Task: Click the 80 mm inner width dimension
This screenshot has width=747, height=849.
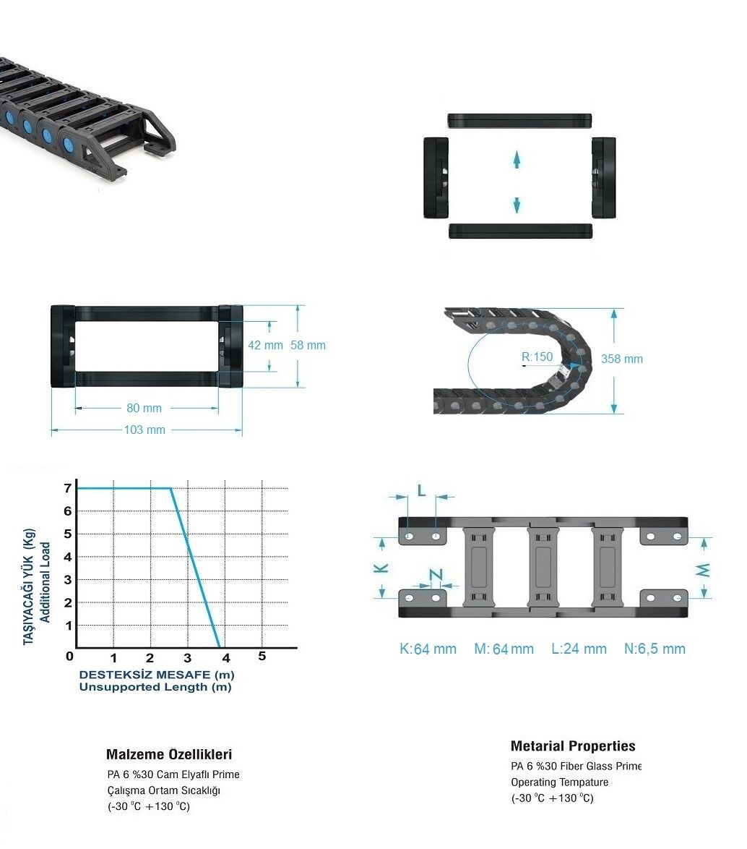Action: (144, 409)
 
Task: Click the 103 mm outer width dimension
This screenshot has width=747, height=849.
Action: (145, 430)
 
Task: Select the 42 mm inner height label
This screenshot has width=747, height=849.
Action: (265, 346)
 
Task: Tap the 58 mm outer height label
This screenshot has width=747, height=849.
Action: (308, 346)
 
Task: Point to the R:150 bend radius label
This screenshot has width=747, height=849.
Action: (537, 357)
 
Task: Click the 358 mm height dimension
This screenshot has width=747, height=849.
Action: (622, 359)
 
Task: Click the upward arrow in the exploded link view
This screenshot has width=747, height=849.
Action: (517, 160)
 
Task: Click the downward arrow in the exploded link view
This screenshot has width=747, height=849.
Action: (517, 205)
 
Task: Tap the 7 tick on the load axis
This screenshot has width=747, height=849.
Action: (68, 488)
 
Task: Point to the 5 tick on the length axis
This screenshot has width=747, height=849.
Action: (262, 656)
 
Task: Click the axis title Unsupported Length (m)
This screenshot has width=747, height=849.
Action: (155, 687)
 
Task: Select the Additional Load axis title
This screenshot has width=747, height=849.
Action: (46, 583)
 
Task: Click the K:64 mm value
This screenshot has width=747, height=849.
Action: (428, 649)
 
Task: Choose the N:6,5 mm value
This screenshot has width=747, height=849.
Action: (655, 649)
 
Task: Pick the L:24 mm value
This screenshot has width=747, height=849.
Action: (579, 649)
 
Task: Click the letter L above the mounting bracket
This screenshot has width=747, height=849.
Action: (421, 490)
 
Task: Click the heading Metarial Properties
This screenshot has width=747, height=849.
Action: (573, 746)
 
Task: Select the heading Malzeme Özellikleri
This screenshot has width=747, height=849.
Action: (169, 754)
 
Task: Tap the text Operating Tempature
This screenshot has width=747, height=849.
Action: (559, 782)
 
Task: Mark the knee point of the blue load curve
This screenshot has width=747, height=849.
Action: (171, 488)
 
